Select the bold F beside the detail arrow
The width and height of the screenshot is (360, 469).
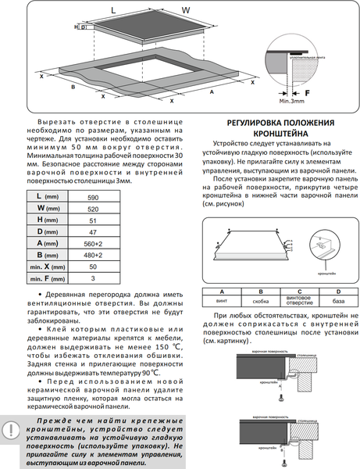(328, 91)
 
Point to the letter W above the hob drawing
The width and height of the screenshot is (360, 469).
(186, 10)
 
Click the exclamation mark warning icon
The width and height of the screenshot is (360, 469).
(12, 429)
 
